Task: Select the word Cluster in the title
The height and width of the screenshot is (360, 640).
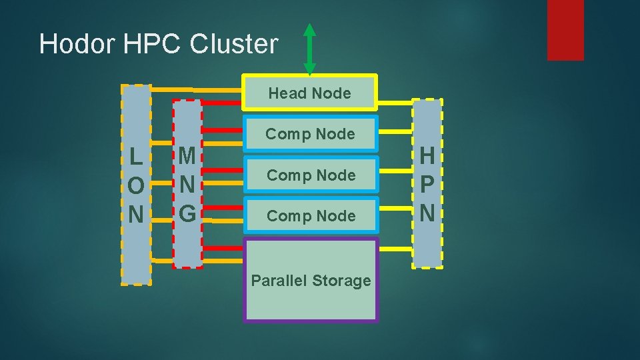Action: tap(234, 44)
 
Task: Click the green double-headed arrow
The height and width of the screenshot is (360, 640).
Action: tap(309, 49)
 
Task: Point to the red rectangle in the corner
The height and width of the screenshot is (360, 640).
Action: tap(565, 29)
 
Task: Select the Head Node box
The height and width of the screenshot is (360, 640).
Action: tap(309, 93)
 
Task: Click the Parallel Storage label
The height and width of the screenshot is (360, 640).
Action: tap(311, 281)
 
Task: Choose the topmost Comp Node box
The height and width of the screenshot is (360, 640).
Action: tap(310, 134)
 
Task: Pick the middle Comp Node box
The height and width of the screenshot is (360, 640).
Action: tap(311, 175)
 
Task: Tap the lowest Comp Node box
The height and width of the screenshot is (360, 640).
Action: tap(311, 216)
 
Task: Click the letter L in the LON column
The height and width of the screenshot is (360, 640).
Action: tap(135, 157)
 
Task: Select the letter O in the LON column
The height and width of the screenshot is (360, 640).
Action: tap(135, 186)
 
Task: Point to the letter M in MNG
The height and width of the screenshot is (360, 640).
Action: tap(187, 156)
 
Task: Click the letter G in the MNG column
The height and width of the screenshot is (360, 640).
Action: tap(187, 213)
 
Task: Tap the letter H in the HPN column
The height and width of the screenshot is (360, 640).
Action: tap(427, 156)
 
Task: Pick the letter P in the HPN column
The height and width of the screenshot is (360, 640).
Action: tap(427, 185)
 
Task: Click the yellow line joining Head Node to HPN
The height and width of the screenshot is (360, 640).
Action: tap(395, 103)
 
